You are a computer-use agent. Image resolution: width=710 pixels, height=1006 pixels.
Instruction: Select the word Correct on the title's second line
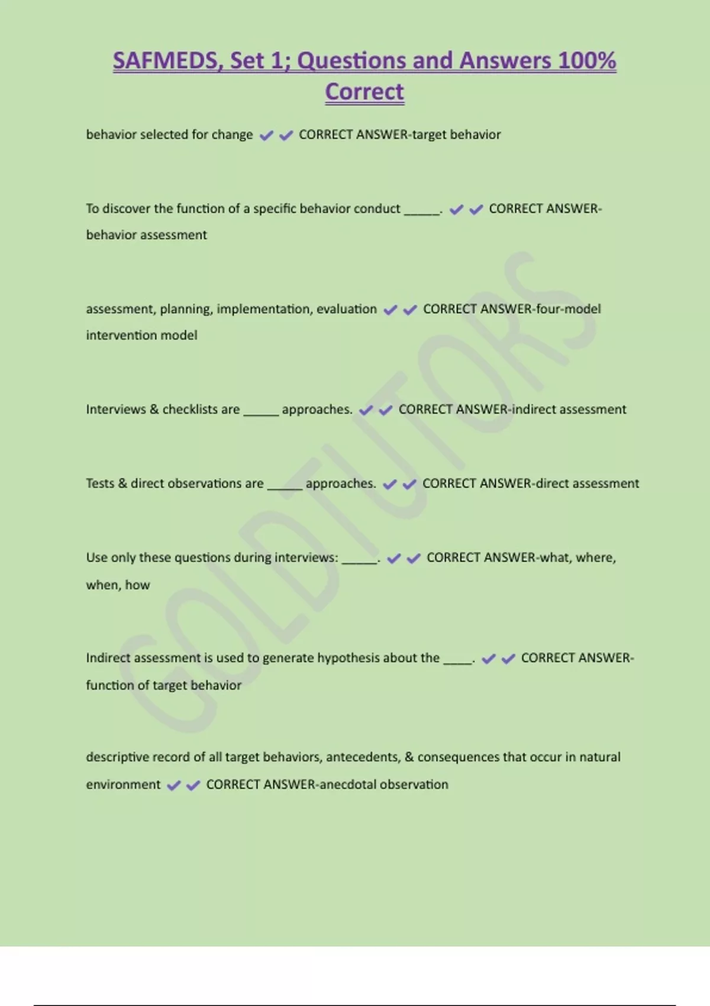[x=364, y=92]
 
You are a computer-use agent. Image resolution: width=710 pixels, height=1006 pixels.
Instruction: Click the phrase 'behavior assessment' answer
[x=146, y=235]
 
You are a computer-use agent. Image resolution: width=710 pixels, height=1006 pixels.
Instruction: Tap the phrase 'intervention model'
[x=141, y=336]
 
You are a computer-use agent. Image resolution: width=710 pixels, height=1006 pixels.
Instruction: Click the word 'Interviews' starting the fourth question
[x=115, y=410]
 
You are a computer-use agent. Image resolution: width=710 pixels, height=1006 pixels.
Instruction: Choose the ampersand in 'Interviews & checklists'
[x=154, y=410]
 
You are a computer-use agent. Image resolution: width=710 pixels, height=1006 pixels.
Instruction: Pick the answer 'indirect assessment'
[x=569, y=410]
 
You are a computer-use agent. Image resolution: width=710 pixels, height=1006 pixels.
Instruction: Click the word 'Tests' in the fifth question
[x=99, y=483]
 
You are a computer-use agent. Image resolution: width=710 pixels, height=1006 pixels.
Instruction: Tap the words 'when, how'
[x=118, y=585]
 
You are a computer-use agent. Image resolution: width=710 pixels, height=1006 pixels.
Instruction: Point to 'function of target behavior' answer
[x=163, y=685]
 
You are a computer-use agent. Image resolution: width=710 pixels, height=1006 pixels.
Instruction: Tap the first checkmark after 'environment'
[x=173, y=785]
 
